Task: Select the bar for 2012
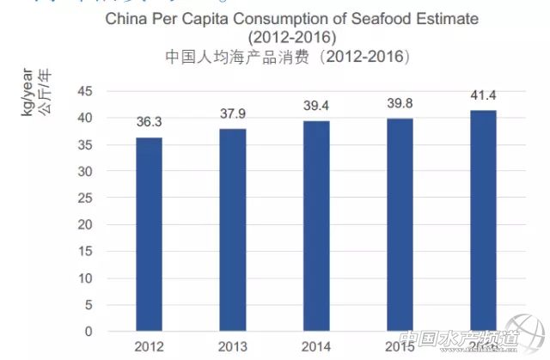[150, 234]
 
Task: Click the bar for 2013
[233, 229]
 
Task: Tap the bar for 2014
[316, 225]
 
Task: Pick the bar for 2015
[400, 224]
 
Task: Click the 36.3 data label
[150, 121]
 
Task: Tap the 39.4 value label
[316, 105]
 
